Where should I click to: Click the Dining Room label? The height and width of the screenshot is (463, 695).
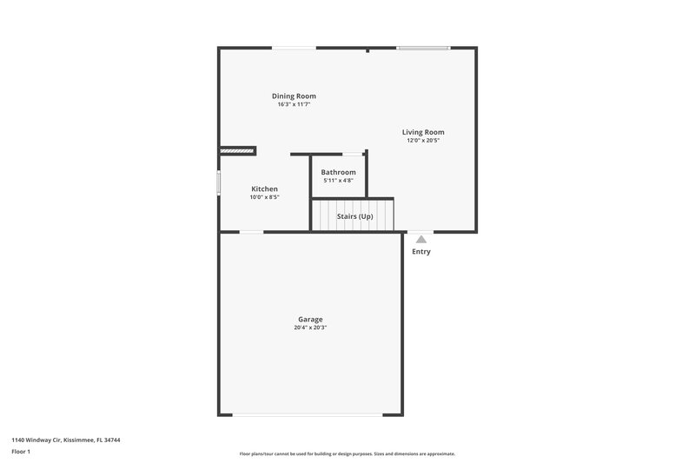coord(294,96)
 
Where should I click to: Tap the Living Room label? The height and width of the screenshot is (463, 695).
coord(423,132)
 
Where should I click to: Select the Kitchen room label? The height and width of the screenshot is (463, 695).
coord(264,189)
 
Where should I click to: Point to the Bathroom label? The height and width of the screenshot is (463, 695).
coord(338,172)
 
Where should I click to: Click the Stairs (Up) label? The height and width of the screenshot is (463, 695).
coord(354,215)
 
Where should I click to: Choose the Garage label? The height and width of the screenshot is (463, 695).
coord(310,320)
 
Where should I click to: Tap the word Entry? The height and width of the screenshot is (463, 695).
coord(420,252)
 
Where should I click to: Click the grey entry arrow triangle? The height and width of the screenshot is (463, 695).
coord(420,238)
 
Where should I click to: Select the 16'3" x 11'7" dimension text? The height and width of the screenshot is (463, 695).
coord(294,104)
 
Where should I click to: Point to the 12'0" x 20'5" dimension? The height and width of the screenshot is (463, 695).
coord(423,141)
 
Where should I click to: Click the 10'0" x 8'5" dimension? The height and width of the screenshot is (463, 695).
coord(264,197)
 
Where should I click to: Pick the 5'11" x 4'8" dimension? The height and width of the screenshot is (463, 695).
coord(338,181)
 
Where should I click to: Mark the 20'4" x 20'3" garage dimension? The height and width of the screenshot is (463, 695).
coord(310,328)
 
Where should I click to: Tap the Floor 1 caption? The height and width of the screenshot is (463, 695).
coord(20,452)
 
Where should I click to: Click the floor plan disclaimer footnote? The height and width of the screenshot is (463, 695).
coord(347,453)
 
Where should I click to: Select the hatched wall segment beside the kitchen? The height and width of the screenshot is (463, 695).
coord(237,150)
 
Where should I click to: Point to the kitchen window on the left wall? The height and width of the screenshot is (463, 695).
coord(219,186)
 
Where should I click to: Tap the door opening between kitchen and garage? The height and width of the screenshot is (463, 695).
coord(251,232)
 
